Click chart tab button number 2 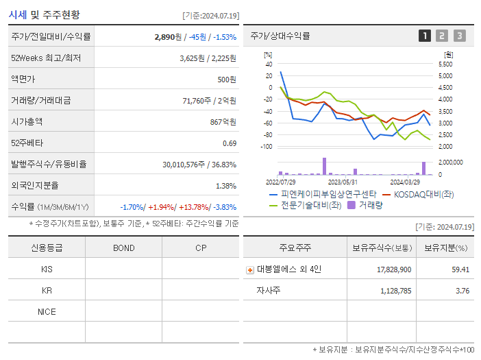[442, 36]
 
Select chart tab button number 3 [459, 36]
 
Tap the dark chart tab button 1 [425, 36]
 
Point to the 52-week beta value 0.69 [230, 143]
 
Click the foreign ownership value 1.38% [226, 185]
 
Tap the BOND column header [123, 248]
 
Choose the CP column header [201, 248]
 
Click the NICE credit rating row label [47, 311]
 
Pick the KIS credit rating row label [47, 269]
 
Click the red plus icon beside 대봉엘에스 [250, 269]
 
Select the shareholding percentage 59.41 [460, 269]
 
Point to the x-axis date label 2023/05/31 [343, 182]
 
